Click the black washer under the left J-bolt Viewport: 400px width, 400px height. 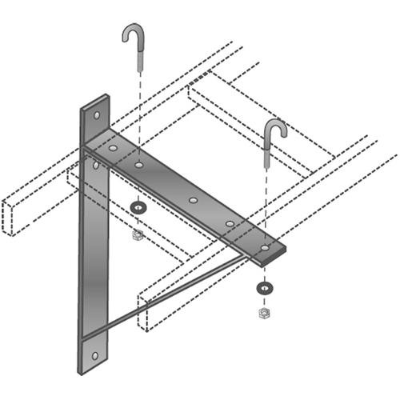[138, 208]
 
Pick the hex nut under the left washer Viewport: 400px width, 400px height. [138, 234]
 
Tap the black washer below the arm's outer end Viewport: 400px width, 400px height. [264, 286]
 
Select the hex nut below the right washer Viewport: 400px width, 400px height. [264, 312]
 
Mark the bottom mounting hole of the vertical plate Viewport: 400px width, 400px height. [94, 355]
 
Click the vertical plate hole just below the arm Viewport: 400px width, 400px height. [97, 165]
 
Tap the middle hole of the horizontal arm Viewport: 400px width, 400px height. [192, 199]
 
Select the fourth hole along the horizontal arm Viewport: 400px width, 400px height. [230, 223]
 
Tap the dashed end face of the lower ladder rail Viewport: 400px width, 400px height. [144, 313]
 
